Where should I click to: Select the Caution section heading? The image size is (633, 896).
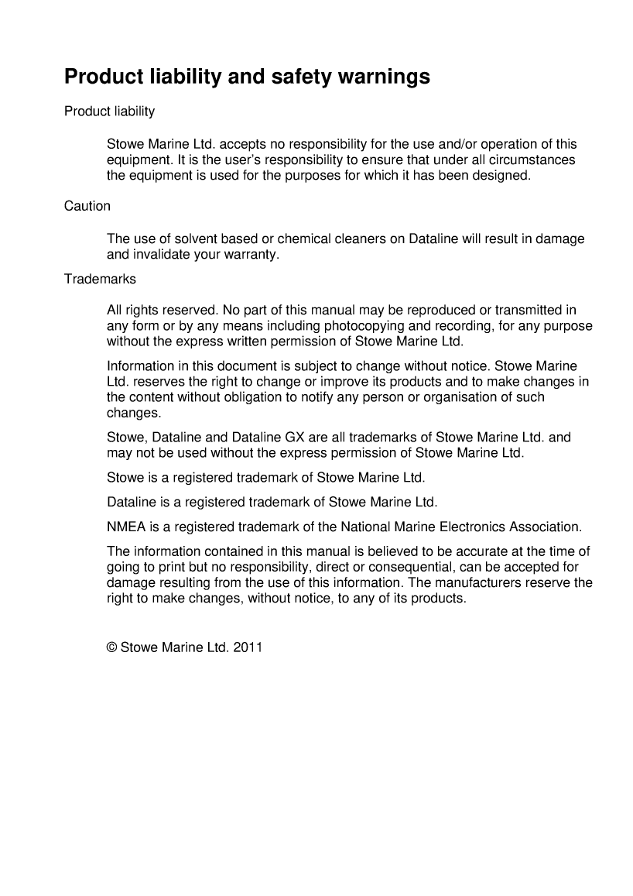87,206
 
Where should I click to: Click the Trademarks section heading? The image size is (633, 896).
100,278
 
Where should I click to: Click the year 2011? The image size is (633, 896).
248,647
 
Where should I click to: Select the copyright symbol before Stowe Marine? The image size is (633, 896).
111,647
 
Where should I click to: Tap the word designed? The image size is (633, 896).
504,175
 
